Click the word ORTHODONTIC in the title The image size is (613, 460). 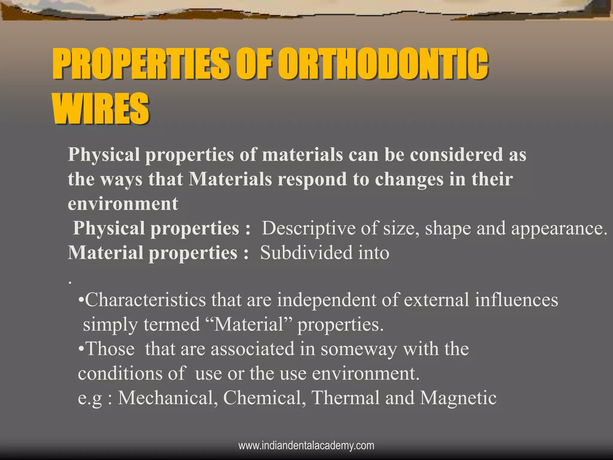click(383, 63)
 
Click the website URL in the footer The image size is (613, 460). click(306, 446)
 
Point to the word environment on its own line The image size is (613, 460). click(123, 204)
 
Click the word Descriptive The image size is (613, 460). click(309, 229)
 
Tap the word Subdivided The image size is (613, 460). click(302, 253)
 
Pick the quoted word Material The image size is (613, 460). click(249, 324)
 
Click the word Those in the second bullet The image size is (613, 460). click(110, 349)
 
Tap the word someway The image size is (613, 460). click(359, 349)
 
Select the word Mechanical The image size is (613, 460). click(168, 398)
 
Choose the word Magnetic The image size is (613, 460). click(458, 398)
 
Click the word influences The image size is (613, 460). click(516, 300)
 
